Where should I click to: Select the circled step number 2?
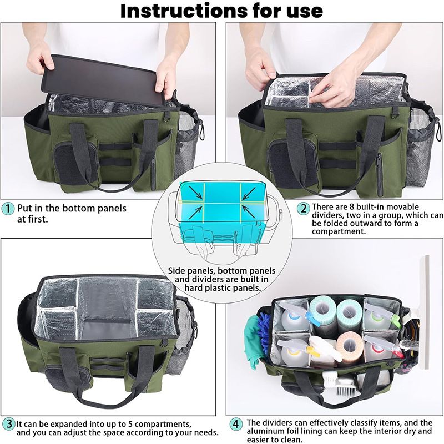click(x=304, y=209)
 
